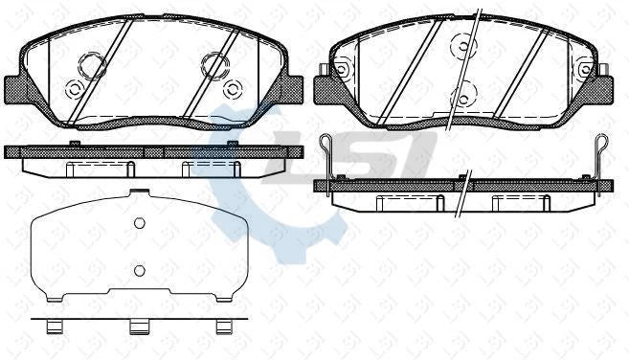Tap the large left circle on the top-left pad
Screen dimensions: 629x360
(93, 66)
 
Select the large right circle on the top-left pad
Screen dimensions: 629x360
(214, 65)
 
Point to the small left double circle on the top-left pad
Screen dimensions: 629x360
(74, 89)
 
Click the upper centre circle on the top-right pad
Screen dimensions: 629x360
(463, 44)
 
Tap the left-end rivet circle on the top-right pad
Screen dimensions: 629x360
(342, 69)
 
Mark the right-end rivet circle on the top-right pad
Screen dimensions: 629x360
(585, 69)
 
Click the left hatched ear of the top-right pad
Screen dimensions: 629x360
(328, 91)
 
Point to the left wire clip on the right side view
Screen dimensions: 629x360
(328, 153)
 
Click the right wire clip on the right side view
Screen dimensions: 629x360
(600, 153)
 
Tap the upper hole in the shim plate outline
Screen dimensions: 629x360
(139, 225)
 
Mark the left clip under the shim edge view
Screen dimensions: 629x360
(56, 326)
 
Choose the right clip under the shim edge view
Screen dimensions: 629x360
(222, 326)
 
